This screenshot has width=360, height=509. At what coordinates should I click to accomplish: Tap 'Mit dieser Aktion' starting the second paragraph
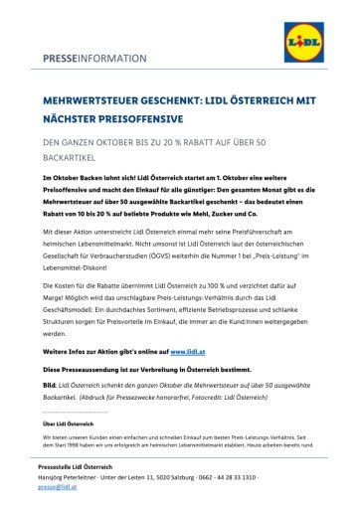(x=66, y=229)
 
